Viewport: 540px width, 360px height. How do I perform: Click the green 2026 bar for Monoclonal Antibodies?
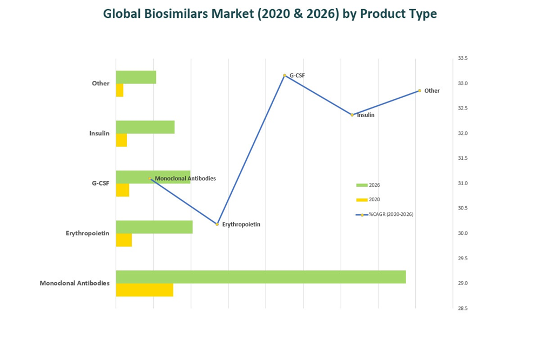pos(261,277)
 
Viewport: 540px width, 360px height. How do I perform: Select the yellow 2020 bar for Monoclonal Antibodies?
pos(144,290)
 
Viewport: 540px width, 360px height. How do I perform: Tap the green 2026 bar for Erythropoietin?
pos(154,227)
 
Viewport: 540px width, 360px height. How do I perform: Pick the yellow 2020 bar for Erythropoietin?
pos(124,240)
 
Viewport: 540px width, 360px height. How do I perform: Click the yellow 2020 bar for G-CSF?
pos(123,190)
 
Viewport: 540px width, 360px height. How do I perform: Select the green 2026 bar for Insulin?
pos(145,127)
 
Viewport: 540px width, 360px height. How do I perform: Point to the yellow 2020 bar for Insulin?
pos(122,140)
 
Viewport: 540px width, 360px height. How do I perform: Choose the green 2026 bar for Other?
pos(136,77)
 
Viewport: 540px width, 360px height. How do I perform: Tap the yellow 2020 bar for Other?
pos(119,90)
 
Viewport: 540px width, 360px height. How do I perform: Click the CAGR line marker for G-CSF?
pos(285,76)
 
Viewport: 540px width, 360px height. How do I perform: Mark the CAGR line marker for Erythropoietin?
pos(217,224)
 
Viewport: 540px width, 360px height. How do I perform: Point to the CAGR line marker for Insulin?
pos(352,115)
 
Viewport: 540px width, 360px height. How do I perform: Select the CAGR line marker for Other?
pos(420,91)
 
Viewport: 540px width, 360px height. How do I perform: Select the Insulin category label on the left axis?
pos(99,133)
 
